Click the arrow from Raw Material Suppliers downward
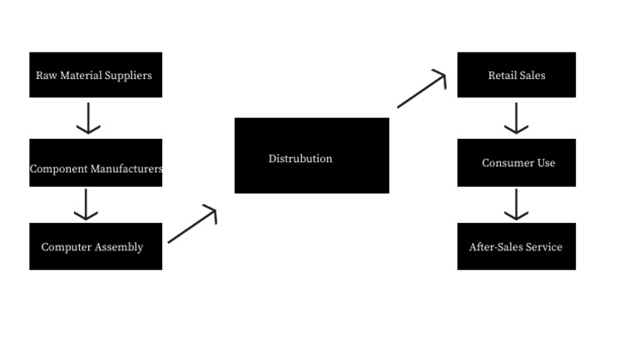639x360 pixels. coord(88,118)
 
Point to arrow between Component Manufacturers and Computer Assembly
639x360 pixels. coord(86,205)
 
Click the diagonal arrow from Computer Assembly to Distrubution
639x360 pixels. coord(192,225)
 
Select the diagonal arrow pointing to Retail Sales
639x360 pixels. coord(422,90)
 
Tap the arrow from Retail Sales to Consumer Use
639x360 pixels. coord(516,118)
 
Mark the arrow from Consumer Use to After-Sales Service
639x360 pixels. coord(516,205)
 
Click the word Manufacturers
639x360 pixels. coord(127,169)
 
